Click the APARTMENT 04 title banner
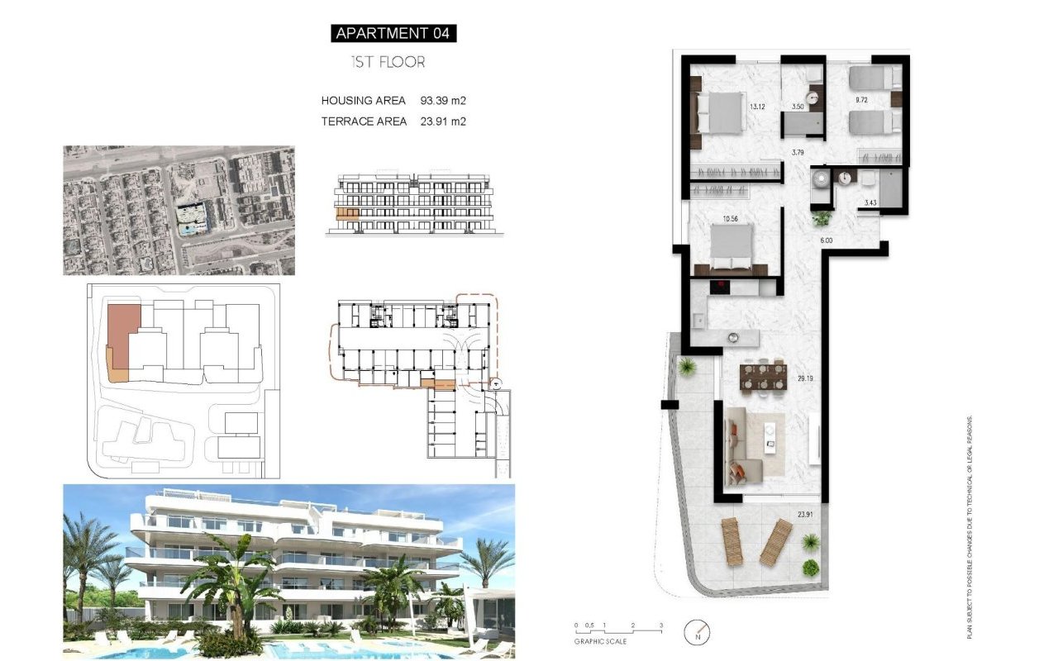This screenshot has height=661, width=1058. pyautogui.click(x=393, y=34)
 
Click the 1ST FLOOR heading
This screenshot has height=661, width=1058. pyautogui.click(x=388, y=62)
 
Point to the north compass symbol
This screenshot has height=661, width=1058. pyautogui.click(x=697, y=634)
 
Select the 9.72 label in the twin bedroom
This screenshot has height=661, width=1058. pyautogui.click(x=861, y=100)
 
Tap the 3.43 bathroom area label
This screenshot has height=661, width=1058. pyautogui.click(x=870, y=203)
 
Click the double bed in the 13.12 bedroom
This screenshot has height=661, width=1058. pyautogui.click(x=719, y=112)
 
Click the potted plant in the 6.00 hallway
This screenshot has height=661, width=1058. pyautogui.click(x=822, y=219)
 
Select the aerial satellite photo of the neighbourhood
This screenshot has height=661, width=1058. pyautogui.click(x=179, y=211)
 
